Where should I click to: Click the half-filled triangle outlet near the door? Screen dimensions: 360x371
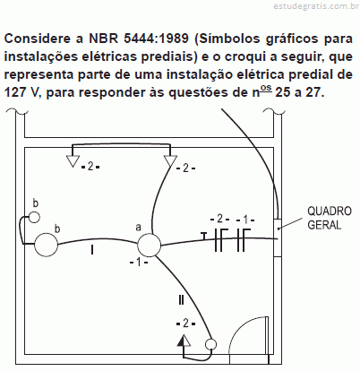coord(184,341)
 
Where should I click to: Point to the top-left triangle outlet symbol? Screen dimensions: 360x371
coord(73,161)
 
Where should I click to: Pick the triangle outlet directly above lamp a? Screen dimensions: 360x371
coord(170,161)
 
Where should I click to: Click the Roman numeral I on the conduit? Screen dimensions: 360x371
coord(92,249)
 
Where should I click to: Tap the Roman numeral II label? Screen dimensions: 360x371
coord(181,300)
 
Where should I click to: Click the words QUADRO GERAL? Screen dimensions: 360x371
coord(330,218)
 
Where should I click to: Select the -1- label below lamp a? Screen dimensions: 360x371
coord(139,263)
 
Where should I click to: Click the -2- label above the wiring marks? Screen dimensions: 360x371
coord(219,219)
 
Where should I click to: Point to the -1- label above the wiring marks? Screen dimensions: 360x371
coord(245,220)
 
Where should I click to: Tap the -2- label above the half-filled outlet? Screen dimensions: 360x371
coord(185,323)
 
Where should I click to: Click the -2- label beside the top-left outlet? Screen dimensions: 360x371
coord(90,167)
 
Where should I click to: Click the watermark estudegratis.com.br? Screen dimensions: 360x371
coord(316,6)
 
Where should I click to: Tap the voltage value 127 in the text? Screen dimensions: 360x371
coord(16,92)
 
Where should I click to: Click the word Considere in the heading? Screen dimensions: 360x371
coord(39,39)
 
